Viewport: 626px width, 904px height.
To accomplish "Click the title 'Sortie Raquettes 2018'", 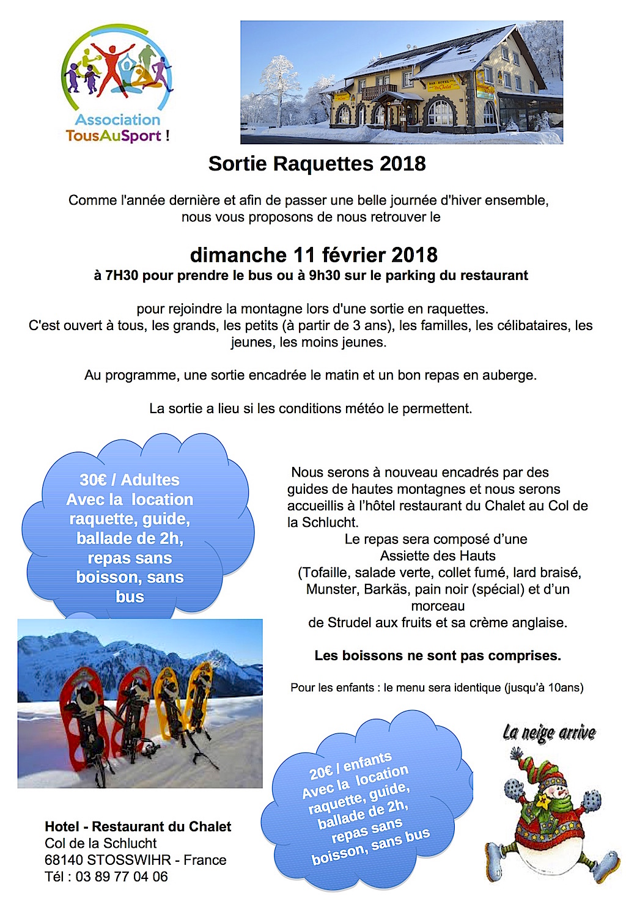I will (317, 164).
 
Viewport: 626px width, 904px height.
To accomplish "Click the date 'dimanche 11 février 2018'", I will (314, 254).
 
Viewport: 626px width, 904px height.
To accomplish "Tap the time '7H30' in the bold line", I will (122, 276).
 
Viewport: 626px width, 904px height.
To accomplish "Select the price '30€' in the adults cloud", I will (92, 480).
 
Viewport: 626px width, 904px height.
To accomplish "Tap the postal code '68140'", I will (64, 860).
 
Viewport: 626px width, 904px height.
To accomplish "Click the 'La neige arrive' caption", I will (549, 732).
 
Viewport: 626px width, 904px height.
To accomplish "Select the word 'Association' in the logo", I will (117, 120).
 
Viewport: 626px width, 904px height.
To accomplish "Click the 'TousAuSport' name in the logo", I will (114, 136).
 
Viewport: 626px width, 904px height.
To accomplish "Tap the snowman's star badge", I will (541, 798).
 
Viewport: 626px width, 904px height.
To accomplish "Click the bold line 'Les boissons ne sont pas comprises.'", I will (437, 656).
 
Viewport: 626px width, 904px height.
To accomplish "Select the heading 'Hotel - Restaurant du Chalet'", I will (138, 827).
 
